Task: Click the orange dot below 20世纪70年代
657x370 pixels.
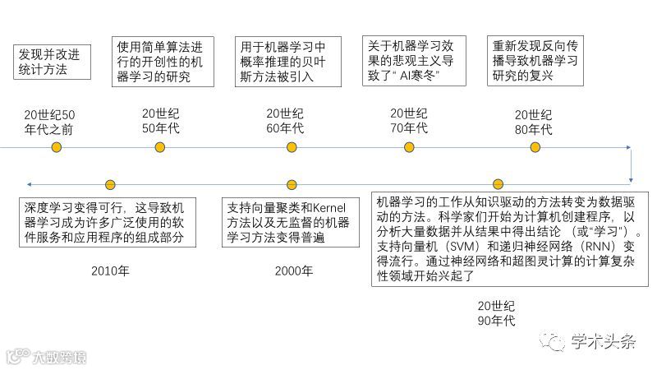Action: coord(409,147)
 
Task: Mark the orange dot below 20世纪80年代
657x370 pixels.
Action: coord(535,147)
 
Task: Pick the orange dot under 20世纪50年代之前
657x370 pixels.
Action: coord(56,147)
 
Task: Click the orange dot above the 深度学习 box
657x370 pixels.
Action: coord(110,184)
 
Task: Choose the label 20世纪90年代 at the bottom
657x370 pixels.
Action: coord(496,312)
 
